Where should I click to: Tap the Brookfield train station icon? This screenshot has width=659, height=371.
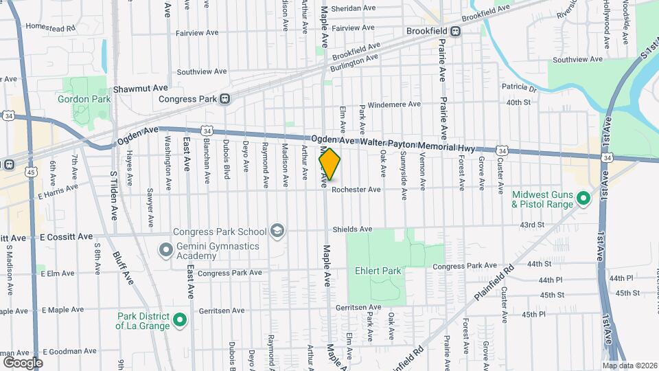[x=456, y=31]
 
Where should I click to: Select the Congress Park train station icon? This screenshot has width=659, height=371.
[x=224, y=99]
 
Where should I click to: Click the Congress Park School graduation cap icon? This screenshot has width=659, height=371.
[x=277, y=230]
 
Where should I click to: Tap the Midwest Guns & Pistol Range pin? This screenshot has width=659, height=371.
[x=584, y=199]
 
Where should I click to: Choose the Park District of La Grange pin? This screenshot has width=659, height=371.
[x=179, y=319]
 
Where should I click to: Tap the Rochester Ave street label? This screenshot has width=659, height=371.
[x=356, y=190]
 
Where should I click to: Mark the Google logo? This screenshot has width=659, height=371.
[x=22, y=362]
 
